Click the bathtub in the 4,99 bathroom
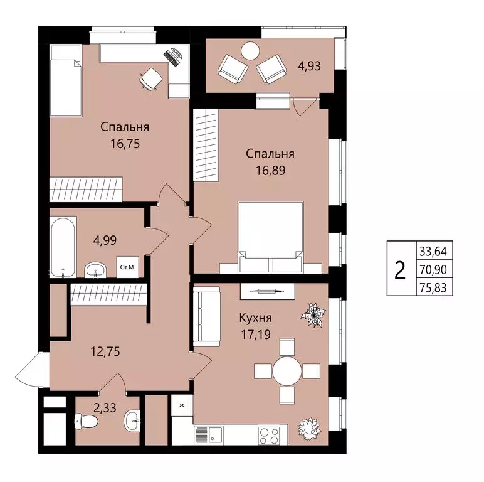pos(63,247)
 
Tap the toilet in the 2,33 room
pos(87,421)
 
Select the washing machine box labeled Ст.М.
pos(127,267)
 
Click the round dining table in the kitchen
pos(287,371)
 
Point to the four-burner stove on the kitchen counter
pos(269,436)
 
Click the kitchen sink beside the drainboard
pos(216,436)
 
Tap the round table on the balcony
pos(250,51)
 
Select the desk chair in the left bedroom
pos(150,78)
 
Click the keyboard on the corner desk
pos(171,58)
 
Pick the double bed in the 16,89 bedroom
pos(271,237)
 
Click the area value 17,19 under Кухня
pos(256,335)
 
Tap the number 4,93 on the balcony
pos(309,66)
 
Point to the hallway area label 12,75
pos(105,351)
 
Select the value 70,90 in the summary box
pos(433,270)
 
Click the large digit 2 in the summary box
pos(400,270)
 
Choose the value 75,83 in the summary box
pos(433,287)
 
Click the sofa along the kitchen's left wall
pos(206,317)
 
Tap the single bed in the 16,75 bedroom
pos(66,80)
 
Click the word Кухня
pos(256,318)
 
